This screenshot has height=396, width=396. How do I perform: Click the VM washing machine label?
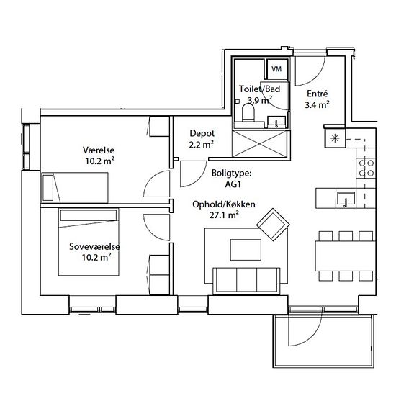coord(276,69)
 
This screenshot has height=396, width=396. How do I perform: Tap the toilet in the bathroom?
coord(248,112)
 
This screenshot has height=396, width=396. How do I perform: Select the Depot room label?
coord(202,133)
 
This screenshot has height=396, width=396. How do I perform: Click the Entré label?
coord(318,94)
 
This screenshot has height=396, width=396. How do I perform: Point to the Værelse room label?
coord(99,150)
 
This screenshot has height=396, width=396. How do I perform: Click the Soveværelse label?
coord(94,246)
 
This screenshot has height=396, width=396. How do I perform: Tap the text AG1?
coord(233,184)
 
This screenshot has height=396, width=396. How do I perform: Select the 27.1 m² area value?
coord(224,215)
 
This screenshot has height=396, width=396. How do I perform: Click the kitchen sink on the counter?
coord(346,199)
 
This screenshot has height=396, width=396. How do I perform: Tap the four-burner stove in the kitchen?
coord(366,168)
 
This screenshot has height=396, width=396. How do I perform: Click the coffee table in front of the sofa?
coord(246,250)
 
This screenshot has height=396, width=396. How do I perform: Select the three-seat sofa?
coord(246,281)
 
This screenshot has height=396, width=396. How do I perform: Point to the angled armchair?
coord(273,225)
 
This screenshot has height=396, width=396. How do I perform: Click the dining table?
coord(345,256)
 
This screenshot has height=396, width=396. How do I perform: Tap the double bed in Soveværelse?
coord(89,242)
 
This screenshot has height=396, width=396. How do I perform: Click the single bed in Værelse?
coord(75,188)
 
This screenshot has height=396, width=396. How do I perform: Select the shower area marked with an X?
coord(261,144)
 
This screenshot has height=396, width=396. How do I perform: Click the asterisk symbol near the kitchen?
coord(335,138)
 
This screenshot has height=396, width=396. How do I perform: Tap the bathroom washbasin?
coord(276,122)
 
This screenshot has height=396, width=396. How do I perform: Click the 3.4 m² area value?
coord(317,104)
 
